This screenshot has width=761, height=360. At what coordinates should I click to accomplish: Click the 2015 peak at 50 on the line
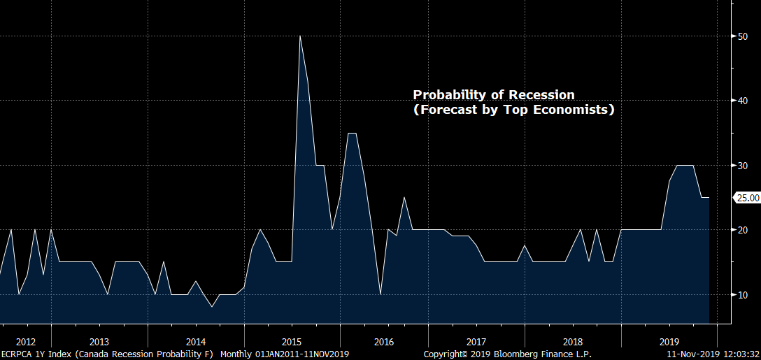(x=300, y=36)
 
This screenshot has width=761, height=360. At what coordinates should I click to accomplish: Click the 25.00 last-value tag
(x=746, y=198)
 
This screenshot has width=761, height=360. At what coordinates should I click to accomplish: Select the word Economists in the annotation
(x=569, y=110)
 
